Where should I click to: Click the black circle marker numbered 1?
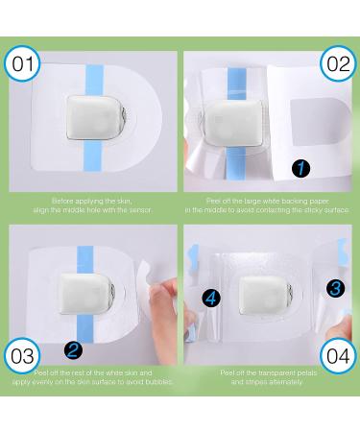tap(301, 167)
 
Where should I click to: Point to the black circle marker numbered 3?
tap(333, 286)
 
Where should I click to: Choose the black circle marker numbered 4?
tap(210, 298)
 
